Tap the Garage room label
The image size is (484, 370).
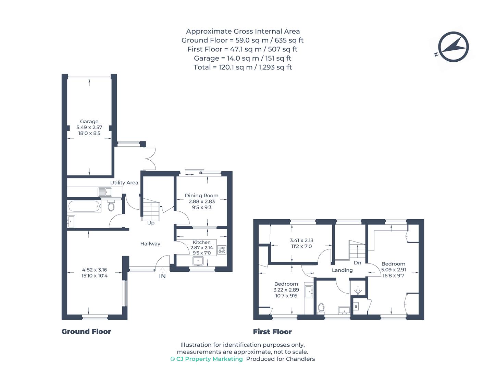[x=89, y=122]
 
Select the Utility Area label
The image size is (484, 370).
[x=124, y=183]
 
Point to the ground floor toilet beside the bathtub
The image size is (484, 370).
[x=111, y=206]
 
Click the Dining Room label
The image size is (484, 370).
[x=201, y=196]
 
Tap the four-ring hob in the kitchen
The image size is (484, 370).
[x=222, y=250]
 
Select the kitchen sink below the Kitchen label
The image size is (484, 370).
[x=198, y=261]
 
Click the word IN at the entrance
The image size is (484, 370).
[x=162, y=276]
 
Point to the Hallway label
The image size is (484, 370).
[x=150, y=244]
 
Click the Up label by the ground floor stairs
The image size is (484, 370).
[x=151, y=223]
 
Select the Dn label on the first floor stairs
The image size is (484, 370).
[x=357, y=263]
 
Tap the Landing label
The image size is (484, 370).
[x=342, y=270]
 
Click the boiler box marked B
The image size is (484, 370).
[x=356, y=306]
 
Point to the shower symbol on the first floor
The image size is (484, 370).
[x=358, y=291]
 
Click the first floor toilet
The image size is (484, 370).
[x=321, y=307]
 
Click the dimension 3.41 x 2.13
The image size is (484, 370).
[x=301, y=241]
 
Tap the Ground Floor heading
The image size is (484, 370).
[x=86, y=332]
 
